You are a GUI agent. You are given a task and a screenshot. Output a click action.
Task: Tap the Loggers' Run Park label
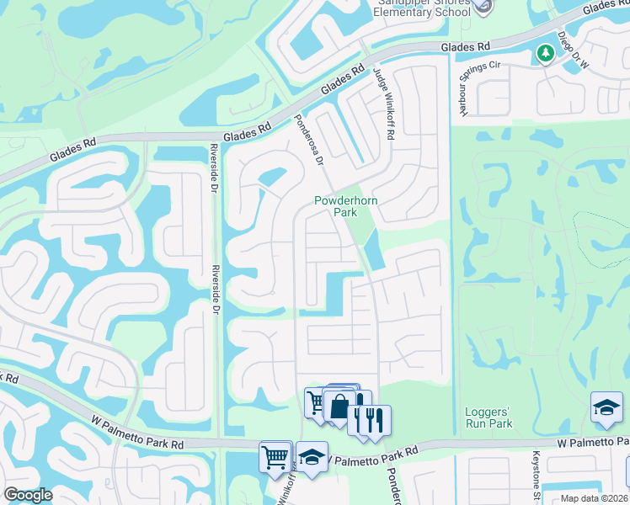coord(489,417)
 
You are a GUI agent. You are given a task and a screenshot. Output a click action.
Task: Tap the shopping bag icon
coord(338,407)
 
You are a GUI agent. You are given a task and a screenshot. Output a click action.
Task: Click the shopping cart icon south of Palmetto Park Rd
coord(275,458)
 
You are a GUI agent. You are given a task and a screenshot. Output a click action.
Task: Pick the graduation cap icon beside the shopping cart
coord(312,458)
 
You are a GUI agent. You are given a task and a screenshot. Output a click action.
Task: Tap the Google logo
coord(28,495)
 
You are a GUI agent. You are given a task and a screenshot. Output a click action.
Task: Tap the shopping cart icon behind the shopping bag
coord(316,402)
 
